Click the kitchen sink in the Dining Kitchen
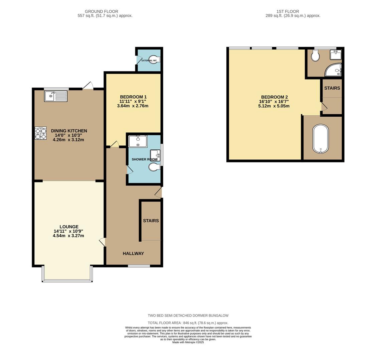[55, 96]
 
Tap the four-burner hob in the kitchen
[40, 133]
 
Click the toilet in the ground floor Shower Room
[154, 167]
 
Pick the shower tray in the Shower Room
[138, 141]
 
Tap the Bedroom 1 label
[133, 97]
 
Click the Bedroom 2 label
[274, 97]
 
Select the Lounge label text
[69, 227]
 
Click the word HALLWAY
[133, 253]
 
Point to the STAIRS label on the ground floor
[151, 221]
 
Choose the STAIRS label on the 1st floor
[332, 88]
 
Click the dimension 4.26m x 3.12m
[68, 140]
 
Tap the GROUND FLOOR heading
[102, 11]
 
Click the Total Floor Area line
[188, 323]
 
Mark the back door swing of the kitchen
[88, 86]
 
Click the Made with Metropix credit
[188, 342]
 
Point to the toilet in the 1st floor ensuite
[315, 56]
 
